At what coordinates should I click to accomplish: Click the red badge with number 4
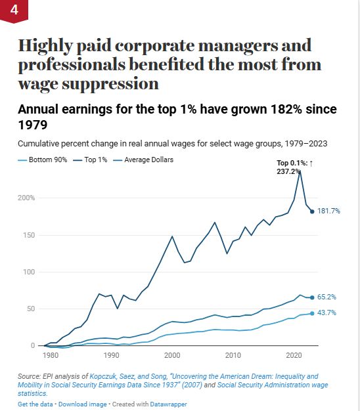pyautogui.click(x=14, y=11)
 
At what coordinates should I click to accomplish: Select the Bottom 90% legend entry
pyautogui.click(x=43, y=160)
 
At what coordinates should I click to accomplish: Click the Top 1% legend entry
pyautogui.click(x=90, y=160)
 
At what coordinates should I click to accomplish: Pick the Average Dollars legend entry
pyautogui.click(x=143, y=160)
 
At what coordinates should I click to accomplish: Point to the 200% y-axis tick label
pyautogui.click(x=26, y=198)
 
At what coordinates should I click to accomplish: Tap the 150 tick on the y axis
pyautogui.click(x=29, y=235)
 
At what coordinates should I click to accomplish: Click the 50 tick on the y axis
pyautogui.click(x=31, y=309)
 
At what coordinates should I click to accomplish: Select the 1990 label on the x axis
pyautogui.click(x=112, y=355)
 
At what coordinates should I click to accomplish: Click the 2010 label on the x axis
pyautogui.click(x=233, y=355)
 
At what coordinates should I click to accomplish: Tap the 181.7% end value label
pyautogui.click(x=328, y=211)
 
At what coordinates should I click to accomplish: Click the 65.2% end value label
pyautogui.click(x=326, y=297)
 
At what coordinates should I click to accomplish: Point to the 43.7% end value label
pyautogui.click(x=326, y=313)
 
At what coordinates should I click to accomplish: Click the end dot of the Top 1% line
pyautogui.click(x=312, y=211)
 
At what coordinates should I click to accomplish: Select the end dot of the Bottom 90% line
pyautogui.click(x=312, y=313)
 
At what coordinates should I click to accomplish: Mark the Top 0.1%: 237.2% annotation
pyautogui.click(x=295, y=167)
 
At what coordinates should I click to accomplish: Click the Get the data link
pyautogui.click(x=35, y=404)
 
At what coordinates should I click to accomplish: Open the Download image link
pyautogui.click(x=82, y=404)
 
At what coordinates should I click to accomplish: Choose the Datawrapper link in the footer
pyautogui.click(x=168, y=404)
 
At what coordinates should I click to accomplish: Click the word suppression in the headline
pyautogui.click(x=110, y=85)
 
